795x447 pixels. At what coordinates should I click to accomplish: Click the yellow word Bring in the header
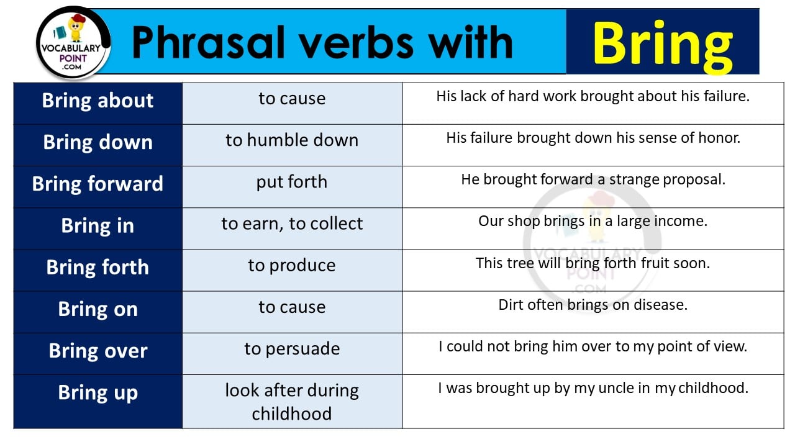click(663, 46)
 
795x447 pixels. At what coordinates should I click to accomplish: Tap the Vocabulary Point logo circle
click(73, 43)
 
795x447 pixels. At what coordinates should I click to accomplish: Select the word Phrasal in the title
click(208, 42)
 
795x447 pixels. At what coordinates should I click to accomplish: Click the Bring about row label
click(98, 101)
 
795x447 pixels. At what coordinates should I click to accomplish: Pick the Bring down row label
click(98, 142)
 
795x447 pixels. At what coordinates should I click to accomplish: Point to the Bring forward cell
click(98, 184)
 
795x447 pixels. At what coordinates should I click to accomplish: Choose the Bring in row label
click(98, 225)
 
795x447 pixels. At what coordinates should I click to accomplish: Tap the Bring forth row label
click(98, 267)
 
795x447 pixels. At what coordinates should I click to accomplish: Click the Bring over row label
click(98, 351)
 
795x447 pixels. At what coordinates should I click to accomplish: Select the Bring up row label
click(98, 393)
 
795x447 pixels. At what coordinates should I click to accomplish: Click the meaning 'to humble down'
click(292, 140)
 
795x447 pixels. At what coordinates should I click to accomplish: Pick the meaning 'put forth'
click(292, 182)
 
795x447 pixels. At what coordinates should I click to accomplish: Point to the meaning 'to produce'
click(292, 266)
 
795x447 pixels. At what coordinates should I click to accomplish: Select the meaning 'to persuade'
click(292, 349)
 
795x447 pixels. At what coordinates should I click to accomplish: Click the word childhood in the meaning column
click(292, 413)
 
